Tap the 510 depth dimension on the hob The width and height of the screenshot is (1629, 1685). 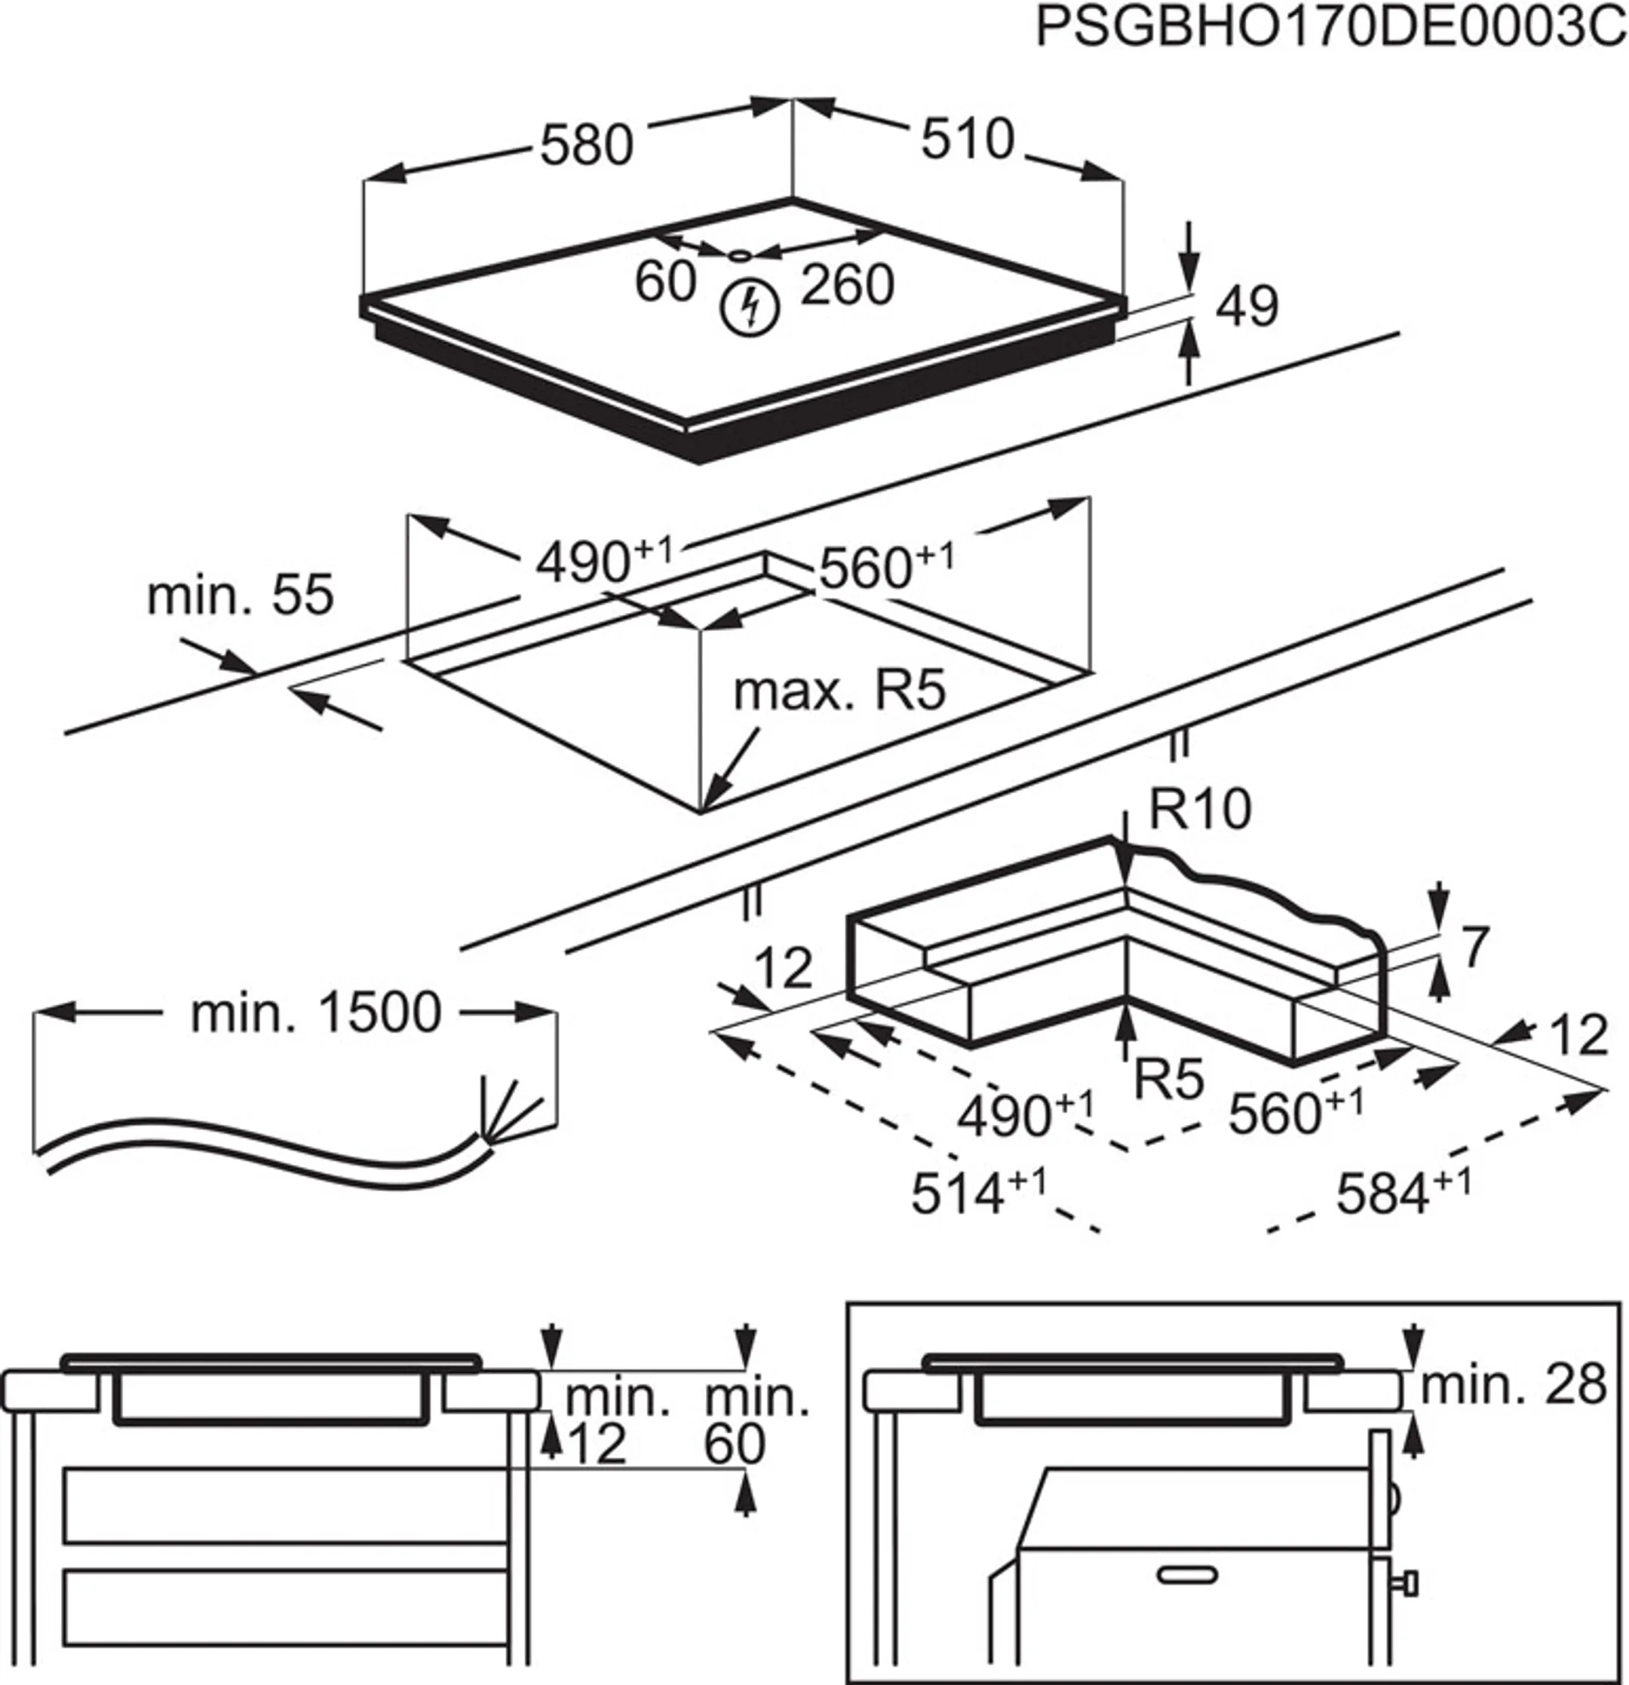pos(968,139)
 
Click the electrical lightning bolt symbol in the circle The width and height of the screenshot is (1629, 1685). pos(750,308)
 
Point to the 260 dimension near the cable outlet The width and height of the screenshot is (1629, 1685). pos(847,284)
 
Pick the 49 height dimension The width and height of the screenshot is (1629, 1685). pos(1247,306)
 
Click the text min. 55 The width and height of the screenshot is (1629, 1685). pos(240,594)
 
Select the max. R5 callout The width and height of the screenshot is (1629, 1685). pos(839,691)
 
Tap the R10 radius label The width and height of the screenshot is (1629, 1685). pos(1200,809)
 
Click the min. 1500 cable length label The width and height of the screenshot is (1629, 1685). pos(316,1013)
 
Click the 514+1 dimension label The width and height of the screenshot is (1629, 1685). pos(978,1193)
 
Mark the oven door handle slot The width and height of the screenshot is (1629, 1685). pos(1188,1575)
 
